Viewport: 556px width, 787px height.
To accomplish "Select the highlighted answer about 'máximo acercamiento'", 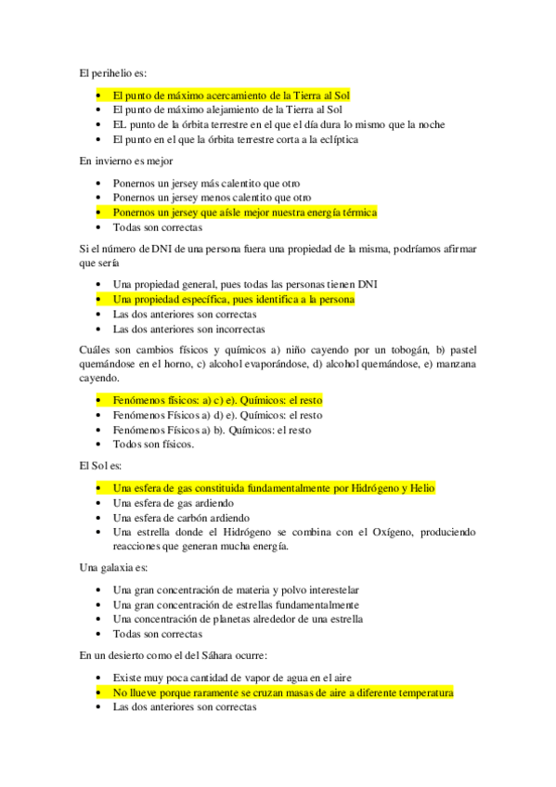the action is [x=230, y=95].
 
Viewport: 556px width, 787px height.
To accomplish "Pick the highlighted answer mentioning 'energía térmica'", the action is [x=244, y=213].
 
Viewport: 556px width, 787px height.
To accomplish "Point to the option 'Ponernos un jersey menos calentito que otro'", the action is [x=212, y=198].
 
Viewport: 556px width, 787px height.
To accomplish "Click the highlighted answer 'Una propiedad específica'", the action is [x=233, y=300].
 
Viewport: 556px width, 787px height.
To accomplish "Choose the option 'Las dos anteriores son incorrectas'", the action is [x=188, y=329].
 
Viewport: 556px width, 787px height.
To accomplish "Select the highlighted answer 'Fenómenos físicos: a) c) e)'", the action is [x=217, y=400].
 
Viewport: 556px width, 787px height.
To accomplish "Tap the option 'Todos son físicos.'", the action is [x=153, y=445].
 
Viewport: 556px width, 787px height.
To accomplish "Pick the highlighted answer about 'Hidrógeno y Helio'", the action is [x=273, y=488].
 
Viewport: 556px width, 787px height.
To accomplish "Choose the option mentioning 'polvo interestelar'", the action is [x=236, y=589].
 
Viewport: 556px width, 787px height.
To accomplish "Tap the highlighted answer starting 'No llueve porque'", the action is [x=282, y=692].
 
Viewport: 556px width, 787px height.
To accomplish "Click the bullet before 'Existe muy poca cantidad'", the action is [x=99, y=677].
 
